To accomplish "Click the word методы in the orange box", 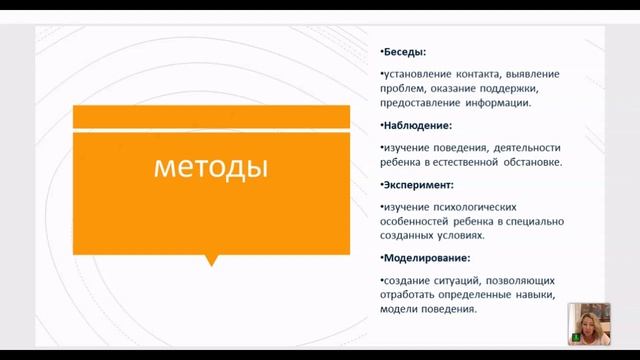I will [210, 167].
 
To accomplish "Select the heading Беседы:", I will [404, 51].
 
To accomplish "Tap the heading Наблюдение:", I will [418, 125].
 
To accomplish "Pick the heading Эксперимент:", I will [419, 184].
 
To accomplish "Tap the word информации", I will [496, 102].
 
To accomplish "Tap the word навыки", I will [530, 295].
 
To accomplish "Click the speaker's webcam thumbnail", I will [588, 323].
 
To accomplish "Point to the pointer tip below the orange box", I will [210, 262].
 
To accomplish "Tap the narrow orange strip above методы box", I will [210, 116].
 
